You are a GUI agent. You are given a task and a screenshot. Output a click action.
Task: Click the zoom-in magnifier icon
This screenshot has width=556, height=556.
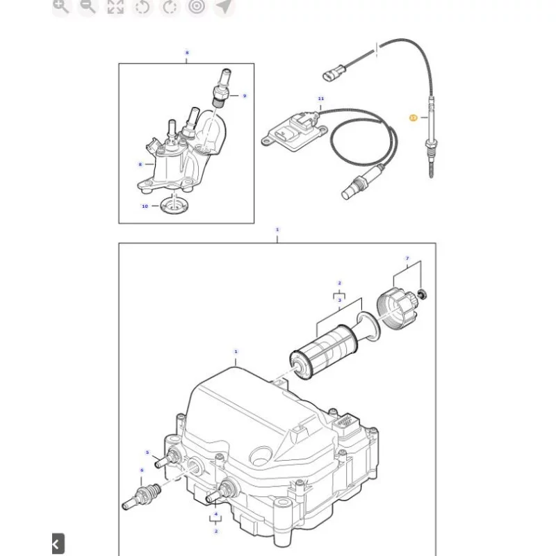coord(62,7)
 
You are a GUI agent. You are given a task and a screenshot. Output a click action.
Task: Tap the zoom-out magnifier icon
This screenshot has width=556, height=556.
coord(88,7)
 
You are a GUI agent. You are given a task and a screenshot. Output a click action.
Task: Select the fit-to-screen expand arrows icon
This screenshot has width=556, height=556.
coord(115,7)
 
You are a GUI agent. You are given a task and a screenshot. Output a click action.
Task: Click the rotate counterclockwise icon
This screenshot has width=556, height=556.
coord(142,7)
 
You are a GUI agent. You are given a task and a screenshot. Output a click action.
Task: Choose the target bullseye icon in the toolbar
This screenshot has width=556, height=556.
coord(197,7)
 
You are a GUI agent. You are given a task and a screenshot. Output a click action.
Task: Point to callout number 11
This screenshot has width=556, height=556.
coord(321,99)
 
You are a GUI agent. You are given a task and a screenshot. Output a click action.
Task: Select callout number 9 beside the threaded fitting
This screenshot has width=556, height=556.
coord(244,96)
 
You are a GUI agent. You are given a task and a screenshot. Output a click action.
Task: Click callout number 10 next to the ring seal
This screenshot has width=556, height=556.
coord(145,206)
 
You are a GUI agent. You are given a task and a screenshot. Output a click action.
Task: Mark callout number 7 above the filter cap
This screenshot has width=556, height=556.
coord(407,258)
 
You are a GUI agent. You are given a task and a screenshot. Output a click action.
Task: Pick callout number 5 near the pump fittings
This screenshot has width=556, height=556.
coord(147,452)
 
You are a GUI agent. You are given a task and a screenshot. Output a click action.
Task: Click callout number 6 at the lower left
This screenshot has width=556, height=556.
coord(142,470)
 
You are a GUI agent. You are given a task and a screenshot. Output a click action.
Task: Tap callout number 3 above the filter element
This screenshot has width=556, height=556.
coord(339,300)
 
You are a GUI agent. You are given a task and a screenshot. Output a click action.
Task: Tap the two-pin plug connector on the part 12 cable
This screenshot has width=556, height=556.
coord(333,73)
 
